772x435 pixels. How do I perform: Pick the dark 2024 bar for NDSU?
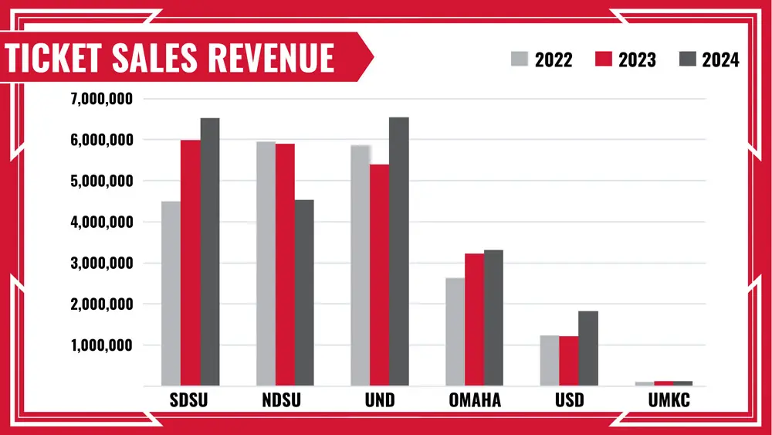pos(304,293)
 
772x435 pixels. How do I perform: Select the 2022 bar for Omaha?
pos(455,332)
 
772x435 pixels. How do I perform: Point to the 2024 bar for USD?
pos(588,348)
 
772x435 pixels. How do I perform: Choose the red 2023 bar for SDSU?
pos(191,263)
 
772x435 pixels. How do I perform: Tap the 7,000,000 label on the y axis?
pos(102,99)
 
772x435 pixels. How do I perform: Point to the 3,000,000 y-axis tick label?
pos(102,263)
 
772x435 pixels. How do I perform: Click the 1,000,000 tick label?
pos(102,345)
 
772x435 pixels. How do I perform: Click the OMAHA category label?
pos(475,401)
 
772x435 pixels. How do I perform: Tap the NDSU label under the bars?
pos(286,401)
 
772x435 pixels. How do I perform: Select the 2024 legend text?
pos(720,59)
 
